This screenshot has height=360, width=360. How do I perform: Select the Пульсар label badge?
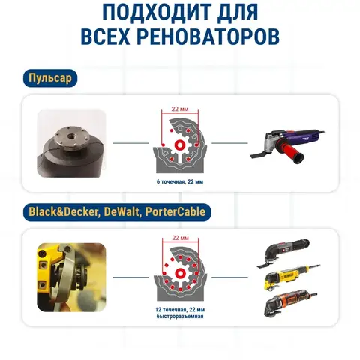point(50,78)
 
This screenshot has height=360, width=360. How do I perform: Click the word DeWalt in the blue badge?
point(121,212)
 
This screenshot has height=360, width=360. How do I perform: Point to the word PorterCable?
point(175,212)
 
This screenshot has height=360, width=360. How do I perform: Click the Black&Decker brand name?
point(63,212)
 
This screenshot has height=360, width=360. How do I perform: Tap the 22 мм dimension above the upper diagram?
point(180,109)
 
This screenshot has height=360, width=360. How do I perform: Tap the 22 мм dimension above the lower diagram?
point(180,238)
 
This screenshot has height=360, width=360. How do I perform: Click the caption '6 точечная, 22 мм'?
point(180,181)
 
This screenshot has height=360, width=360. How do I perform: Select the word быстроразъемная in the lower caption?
point(180,316)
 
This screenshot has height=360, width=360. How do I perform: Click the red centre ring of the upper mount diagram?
point(179,144)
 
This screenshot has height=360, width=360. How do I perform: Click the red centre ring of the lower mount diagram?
point(180,273)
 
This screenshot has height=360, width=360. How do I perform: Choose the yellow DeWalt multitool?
point(292,276)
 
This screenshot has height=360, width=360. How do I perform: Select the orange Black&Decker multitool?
point(290,303)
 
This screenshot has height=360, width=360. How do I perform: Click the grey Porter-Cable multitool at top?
point(283,253)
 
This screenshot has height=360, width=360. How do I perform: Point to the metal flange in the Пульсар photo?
point(71,139)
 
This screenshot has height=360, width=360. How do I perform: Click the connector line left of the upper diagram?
point(130,143)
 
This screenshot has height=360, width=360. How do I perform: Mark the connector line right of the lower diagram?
point(229,277)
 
